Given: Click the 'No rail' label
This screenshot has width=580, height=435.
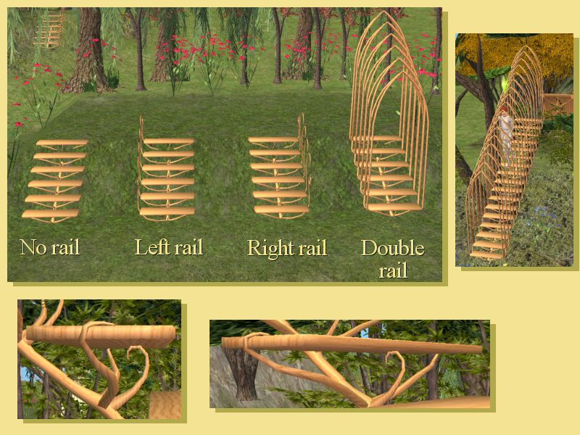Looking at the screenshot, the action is [50, 247].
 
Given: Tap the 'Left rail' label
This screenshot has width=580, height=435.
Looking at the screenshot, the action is [169, 246].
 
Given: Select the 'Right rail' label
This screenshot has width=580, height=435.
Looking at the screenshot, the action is [287, 248].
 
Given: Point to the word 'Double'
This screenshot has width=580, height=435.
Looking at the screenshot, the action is [392, 247].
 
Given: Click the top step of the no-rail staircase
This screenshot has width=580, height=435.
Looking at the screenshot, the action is [62, 142].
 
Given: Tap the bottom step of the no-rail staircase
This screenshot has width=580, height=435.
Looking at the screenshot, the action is [50, 213].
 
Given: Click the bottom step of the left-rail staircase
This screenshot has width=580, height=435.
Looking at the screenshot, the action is [167, 211].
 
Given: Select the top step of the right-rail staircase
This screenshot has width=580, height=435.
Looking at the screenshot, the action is [273, 140].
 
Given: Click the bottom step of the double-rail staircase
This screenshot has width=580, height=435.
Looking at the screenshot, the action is [395, 207].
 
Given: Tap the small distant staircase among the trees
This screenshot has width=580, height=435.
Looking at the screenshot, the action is [49, 29].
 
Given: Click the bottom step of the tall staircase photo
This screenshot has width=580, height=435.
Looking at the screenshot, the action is [486, 255].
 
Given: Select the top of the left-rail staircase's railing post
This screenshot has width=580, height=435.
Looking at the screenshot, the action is [141, 117].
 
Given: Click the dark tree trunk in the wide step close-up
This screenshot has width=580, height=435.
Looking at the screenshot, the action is [242, 374].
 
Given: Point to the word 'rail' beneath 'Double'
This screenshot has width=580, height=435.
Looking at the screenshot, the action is [393, 270].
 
